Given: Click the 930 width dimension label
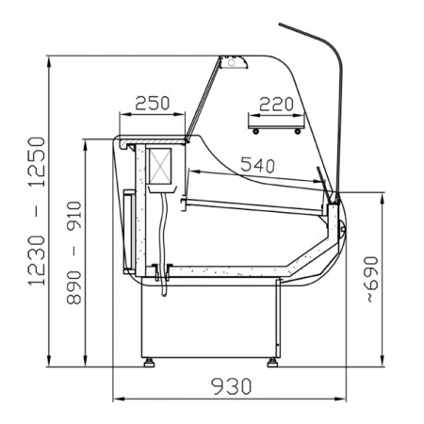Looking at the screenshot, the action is tap(232, 386).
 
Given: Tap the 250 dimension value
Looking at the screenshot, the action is tap(153, 103).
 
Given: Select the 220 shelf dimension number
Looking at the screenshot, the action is tap(276, 105).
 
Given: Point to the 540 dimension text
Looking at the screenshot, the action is tap(257, 165).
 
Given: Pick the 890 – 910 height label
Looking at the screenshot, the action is tap(74, 253).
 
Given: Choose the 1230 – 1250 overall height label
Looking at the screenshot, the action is tap(37, 211).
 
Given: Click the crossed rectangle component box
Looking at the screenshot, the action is tap(160, 166).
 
